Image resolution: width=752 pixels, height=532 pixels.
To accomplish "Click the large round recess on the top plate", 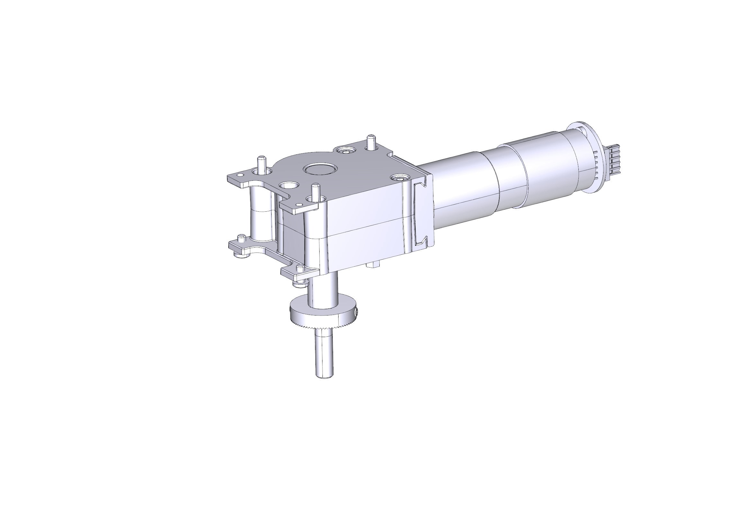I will point(320,170).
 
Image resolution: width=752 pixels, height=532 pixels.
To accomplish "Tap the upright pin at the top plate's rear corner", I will point(371,142).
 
